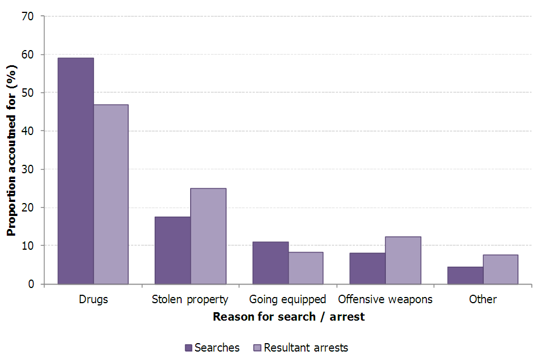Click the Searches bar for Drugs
(76, 171)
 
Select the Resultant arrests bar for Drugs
(111, 194)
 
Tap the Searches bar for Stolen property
(172, 250)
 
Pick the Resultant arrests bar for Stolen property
(208, 236)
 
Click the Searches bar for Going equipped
(270, 263)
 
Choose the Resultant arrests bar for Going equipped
(305, 268)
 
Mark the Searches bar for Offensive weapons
(367, 268)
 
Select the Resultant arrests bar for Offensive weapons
(403, 260)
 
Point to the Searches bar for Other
(465, 275)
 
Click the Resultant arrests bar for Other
(500, 269)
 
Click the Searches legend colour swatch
(189, 348)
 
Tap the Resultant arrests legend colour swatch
(258, 348)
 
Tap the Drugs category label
(93, 299)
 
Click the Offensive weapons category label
(385, 299)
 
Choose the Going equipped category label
(287, 299)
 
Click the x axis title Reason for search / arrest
(289, 317)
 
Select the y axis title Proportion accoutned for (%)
(11, 150)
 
